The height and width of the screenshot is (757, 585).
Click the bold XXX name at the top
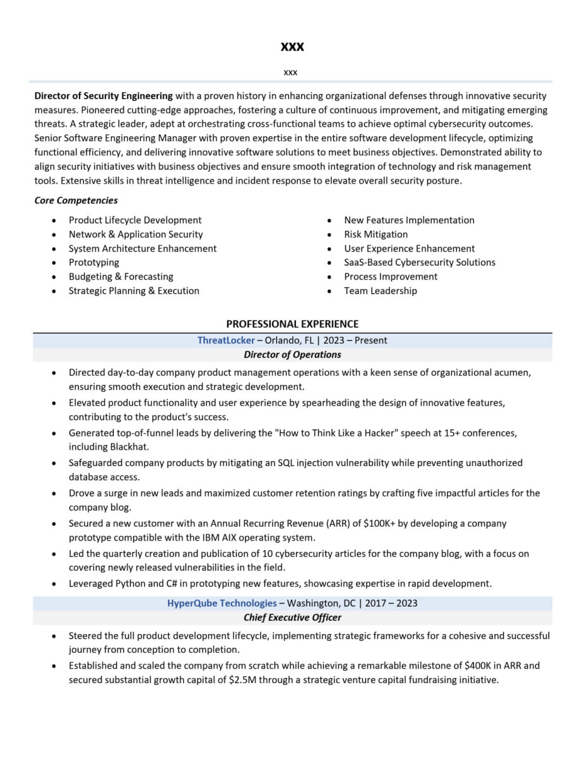tap(292, 47)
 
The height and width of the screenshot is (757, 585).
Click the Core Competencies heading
tap(76, 201)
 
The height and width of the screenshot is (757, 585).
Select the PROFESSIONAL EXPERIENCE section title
tap(292, 324)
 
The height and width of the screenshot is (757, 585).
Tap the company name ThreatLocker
tap(226, 341)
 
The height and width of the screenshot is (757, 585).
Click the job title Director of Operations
tap(292, 355)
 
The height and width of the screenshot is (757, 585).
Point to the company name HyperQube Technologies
tap(222, 603)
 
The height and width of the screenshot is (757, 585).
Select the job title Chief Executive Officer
tap(292, 618)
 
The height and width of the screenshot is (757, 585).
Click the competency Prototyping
tap(93, 262)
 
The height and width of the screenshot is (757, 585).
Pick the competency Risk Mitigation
tap(375, 234)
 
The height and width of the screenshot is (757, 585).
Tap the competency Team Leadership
tap(380, 291)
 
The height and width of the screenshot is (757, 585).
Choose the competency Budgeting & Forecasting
tap(121, 276)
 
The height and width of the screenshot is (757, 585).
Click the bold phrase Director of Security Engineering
tap(103, 96)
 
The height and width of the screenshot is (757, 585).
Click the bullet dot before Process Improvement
tap(329, 277)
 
